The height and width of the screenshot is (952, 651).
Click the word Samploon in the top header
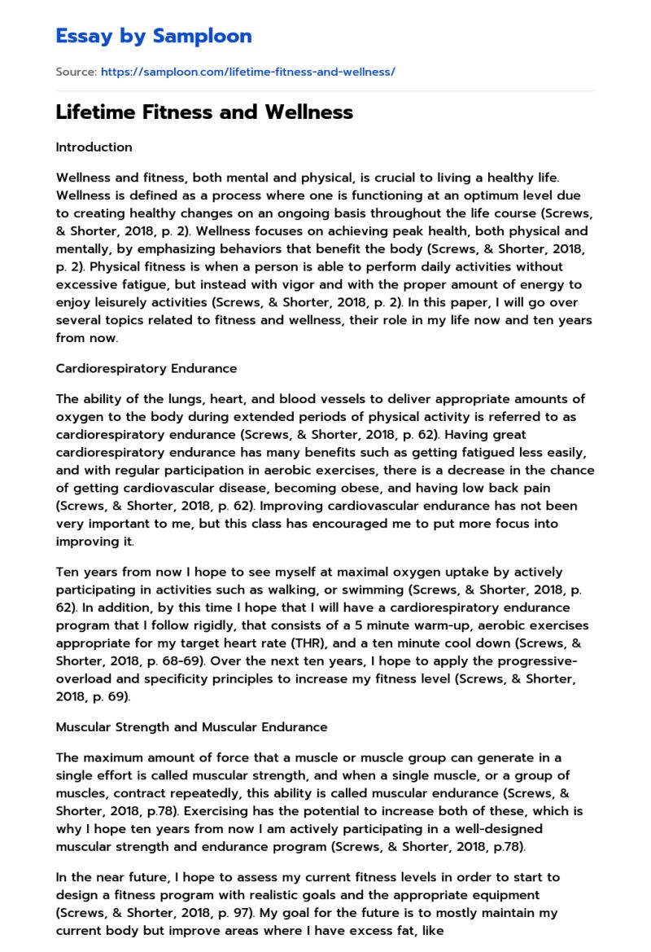click(203, 36)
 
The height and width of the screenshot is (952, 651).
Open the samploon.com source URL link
click(247, 72)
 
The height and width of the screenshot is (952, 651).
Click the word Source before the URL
click(76, 72)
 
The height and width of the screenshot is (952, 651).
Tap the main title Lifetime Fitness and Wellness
click(204, 112)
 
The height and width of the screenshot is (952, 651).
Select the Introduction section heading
click(94, 147)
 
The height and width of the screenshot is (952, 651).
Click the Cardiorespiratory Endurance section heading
click(146, 368)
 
